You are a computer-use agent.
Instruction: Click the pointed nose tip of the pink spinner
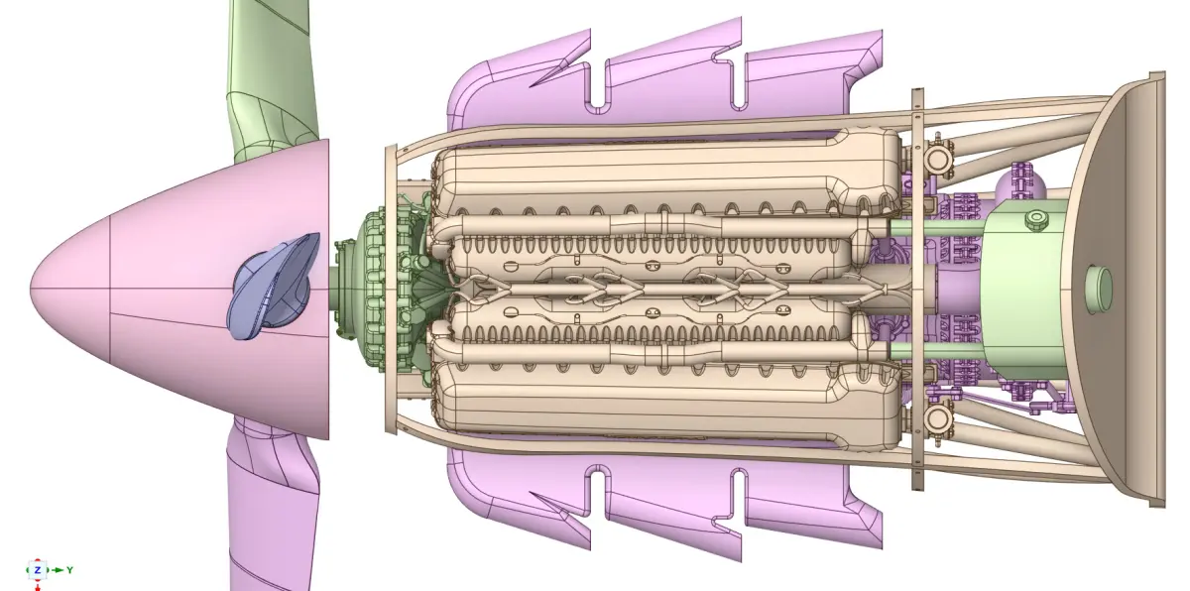pos(32,289)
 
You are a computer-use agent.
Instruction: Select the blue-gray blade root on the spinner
pos(273,287)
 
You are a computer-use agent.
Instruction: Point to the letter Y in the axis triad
pos(69,570)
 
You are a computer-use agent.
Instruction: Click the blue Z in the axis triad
pos(38,570)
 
